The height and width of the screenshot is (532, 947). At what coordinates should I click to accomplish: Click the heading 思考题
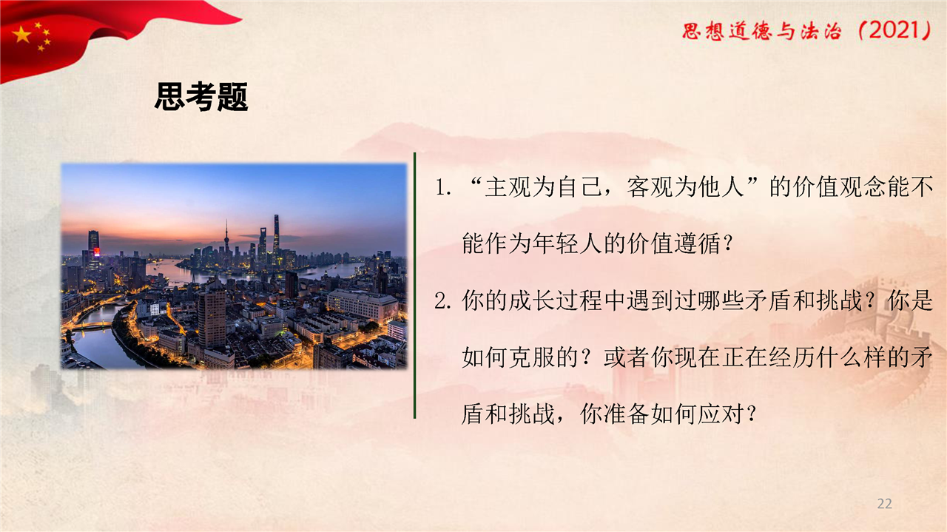pyautogui.click(x=201, y=97)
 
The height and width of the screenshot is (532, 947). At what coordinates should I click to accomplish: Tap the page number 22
pyautogui.click(x=884, y=504)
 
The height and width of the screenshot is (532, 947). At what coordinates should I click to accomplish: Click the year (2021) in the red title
pyautogui.click(x=895, y=31)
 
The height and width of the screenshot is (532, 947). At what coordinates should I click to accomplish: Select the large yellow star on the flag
pyautogui.click(x=21, y=34)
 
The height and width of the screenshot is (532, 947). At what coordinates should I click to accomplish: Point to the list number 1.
pyautogui.click(x=442, y=188)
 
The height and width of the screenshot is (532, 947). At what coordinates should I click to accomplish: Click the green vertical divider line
pyautogui.click(x=415, y=286)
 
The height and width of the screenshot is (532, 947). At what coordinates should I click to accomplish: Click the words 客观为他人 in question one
pyautogui.click(x=685, y=187)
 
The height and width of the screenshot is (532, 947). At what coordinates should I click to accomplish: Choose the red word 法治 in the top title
pyautogui.click(x=821, y=31)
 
